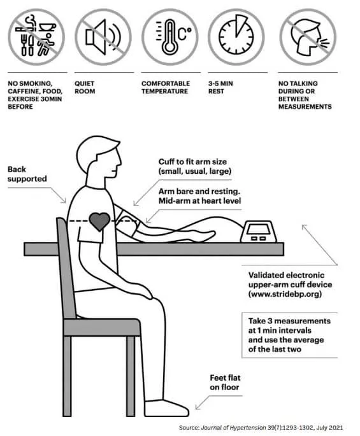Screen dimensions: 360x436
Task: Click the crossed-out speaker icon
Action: (103, 37)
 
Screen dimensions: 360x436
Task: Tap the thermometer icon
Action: (170, 37)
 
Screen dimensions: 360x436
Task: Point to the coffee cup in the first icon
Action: (47, 27)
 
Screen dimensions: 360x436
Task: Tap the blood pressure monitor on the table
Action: (259, 232)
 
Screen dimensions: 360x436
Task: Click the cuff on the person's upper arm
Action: (127, 223)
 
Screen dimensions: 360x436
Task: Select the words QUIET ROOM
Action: (85, 87)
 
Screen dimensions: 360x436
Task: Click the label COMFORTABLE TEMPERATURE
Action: (166, 87)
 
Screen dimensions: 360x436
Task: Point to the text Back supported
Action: (27, 174)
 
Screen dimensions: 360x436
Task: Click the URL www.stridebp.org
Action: (285, 294)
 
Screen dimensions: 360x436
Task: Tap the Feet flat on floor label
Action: (225, 383)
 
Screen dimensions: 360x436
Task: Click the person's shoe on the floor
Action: (166, 408)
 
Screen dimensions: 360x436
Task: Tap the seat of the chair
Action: (101, 327)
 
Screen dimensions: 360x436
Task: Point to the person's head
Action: (99, 156)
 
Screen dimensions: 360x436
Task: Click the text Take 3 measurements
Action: (289, 321)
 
